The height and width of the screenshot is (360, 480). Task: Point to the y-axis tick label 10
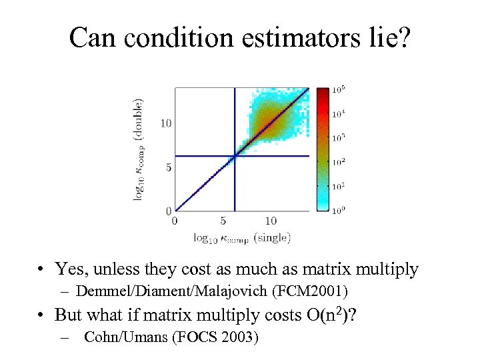167,123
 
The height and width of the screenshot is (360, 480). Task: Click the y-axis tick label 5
169,167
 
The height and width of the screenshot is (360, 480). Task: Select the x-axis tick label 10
271,220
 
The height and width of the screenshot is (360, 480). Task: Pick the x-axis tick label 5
223,220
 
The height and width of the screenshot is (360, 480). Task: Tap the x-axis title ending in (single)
242,237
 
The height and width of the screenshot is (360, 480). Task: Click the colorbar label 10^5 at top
339,90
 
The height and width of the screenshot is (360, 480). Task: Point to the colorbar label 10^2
339,161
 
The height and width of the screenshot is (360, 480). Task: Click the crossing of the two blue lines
234,156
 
